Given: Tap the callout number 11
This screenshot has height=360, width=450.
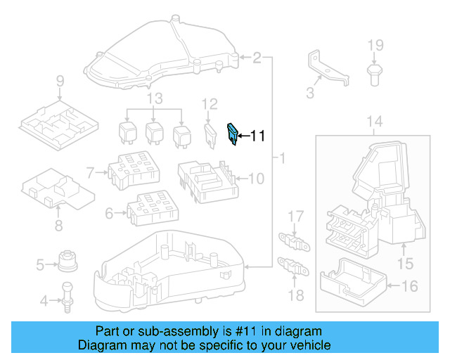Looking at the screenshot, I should [257, 136].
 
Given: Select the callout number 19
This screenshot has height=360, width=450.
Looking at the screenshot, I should [375, 46].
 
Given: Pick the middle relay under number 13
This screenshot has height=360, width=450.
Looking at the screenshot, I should [154, 132].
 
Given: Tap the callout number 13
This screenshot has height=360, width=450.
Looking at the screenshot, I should [154, 97].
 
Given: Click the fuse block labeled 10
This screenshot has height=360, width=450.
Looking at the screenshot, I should [207, 179].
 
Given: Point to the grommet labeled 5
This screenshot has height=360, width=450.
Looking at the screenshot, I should [67, 262].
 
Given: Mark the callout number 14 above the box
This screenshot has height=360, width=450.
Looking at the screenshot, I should [375, 122].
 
